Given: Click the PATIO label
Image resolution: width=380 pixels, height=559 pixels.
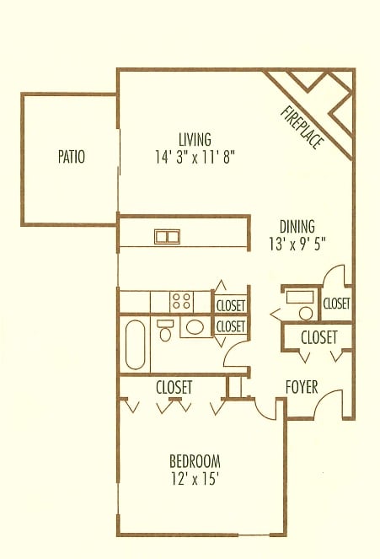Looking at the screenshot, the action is coord(72,157).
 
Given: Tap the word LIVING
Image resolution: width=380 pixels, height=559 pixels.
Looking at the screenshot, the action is coord(195,139).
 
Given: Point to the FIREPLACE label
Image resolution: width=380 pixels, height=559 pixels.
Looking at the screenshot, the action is coord(302,127).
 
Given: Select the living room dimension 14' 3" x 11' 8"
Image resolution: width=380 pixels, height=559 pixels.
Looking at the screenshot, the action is coord(195,157).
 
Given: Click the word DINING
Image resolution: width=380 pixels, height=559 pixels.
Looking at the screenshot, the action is coord(297,227).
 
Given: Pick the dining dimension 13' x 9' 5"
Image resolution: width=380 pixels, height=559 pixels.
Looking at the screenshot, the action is coord(297,245).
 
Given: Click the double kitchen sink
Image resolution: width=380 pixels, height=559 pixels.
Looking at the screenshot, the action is coord(167,237).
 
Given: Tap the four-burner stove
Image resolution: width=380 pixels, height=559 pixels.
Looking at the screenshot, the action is coord(181,301).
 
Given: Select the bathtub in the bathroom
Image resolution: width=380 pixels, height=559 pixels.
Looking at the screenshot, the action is coord(136,345).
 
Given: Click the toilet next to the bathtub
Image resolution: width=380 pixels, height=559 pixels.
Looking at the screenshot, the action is coord(165,331).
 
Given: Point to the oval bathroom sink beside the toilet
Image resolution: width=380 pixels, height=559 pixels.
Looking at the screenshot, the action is coord(195,327).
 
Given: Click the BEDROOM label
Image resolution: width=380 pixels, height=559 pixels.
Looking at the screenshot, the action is coord(195,461).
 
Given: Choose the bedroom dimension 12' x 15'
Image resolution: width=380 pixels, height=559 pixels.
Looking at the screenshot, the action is coord(195,479).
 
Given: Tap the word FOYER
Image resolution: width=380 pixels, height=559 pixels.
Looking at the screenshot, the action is coord(302,387).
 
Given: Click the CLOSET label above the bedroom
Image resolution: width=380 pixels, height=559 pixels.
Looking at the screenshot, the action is coord(174,387).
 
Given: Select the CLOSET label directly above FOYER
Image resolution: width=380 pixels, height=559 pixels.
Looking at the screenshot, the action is coord(318,337).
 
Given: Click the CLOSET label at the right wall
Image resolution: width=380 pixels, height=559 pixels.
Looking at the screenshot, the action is coord(336,304).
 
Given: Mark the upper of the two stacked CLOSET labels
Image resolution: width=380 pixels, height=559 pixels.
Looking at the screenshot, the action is coord(231,305).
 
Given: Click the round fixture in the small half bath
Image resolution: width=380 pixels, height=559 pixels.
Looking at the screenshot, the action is coord(306,314).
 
